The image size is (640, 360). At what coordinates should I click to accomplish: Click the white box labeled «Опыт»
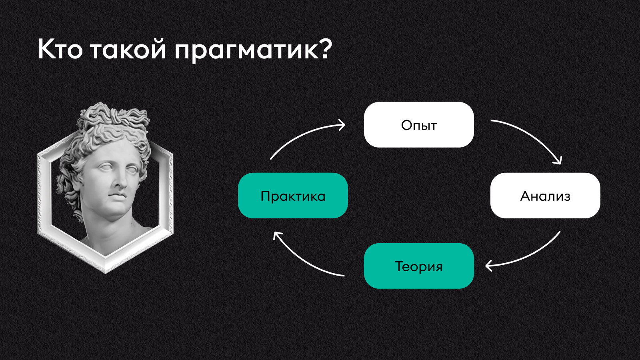419,125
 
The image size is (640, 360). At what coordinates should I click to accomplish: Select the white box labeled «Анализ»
545,196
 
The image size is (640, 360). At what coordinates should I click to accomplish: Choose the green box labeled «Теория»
419,266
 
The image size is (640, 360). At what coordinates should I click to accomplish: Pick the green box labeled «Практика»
293,196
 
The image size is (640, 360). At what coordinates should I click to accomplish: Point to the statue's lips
117,197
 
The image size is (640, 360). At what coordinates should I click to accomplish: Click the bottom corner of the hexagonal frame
106,272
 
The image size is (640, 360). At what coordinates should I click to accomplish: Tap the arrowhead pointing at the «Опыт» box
342,125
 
